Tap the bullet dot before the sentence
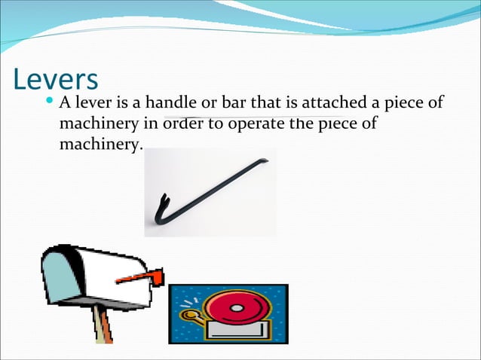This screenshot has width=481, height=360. [x=50, y=101]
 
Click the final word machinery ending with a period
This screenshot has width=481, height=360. [x=100, y=143]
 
